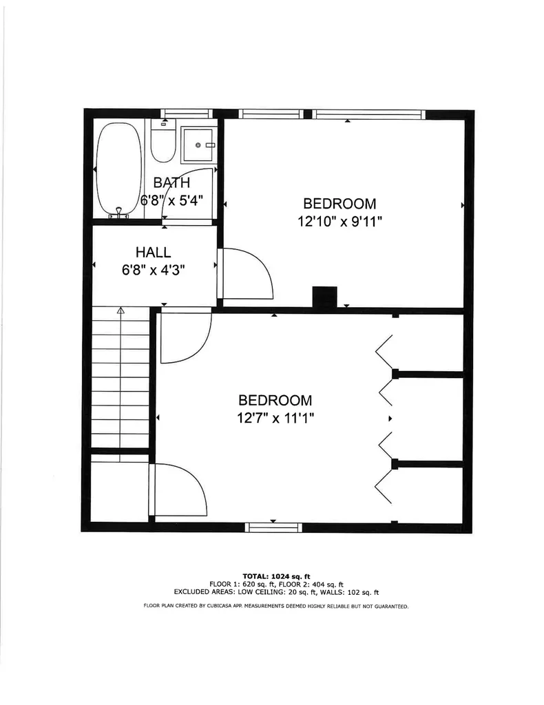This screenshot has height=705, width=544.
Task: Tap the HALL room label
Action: [x=153, y=252]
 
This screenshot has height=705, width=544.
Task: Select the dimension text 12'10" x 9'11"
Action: [x=339, y=221]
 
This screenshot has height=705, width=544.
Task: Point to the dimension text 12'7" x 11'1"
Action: [x=275, y=417]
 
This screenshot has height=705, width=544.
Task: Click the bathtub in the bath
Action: [x=119, y=169]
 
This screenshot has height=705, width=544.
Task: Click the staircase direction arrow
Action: [x=121, y=311]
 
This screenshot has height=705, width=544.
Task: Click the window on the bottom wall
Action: [x=274, y=527]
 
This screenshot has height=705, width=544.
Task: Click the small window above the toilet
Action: [x=185, y=114]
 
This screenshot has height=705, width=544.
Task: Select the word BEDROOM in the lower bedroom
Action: [x=275, y=400]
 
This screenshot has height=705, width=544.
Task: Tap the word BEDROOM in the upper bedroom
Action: [x=339, y=204]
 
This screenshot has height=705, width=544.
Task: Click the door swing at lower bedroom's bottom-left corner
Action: [x=180, y=490]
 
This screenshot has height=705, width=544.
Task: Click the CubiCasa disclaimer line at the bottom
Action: [x=276, y=607]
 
